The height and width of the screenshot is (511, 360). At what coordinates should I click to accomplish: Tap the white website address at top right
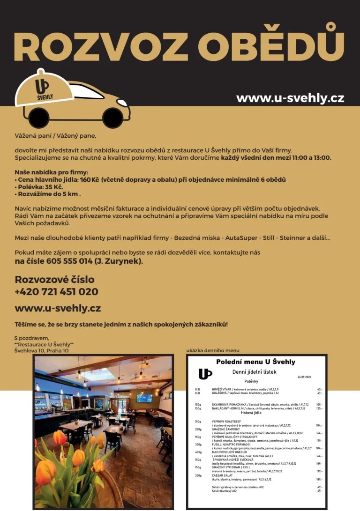coord(290,98)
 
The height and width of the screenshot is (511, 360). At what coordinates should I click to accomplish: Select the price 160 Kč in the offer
coord(90,179)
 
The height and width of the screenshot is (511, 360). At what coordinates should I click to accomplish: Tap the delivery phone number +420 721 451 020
coord(56,292)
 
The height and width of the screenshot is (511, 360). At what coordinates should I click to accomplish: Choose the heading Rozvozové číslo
coord(54,280)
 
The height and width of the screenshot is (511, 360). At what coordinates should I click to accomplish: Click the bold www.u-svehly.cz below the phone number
coord(58,309)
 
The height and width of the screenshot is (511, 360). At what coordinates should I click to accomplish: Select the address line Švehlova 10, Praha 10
coord(41,350)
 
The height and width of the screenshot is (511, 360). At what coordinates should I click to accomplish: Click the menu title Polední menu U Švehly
coord(255,362)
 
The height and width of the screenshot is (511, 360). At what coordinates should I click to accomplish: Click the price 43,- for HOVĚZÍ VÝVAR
coord(320,389)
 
